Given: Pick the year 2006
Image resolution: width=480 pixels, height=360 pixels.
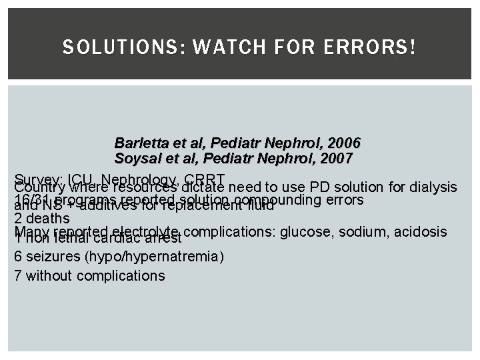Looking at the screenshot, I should click(345, 143).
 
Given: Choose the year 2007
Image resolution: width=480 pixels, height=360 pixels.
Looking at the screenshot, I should click(337, 159).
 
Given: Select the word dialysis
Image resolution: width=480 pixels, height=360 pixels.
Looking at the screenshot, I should click(434, 187).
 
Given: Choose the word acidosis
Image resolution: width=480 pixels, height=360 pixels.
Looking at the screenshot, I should click(421, 231).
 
